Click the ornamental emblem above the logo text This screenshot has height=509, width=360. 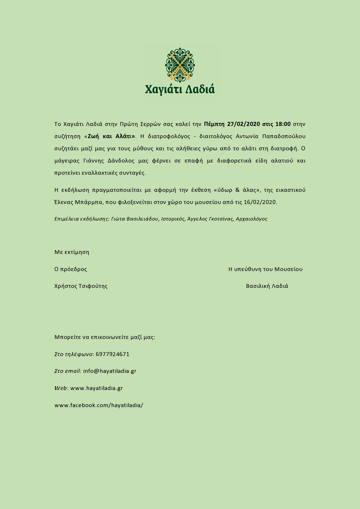coord(180,65)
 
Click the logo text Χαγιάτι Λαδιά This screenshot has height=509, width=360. coord(180,89)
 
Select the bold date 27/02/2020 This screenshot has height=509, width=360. coord(243,124)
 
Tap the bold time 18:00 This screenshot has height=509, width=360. coord(283,124)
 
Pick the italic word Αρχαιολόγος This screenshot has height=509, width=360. coord(251,219)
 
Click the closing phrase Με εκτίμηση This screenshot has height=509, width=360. coord(72,252)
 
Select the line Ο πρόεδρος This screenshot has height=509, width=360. coord(71,269)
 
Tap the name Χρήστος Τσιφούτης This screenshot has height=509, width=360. coord(81,286)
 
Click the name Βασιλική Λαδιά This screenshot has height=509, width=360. coord(267,286)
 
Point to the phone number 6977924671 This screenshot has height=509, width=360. coord(112,354)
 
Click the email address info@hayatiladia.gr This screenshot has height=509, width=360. coord(110,371)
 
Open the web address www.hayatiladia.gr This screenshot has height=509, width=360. coord(96,388)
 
